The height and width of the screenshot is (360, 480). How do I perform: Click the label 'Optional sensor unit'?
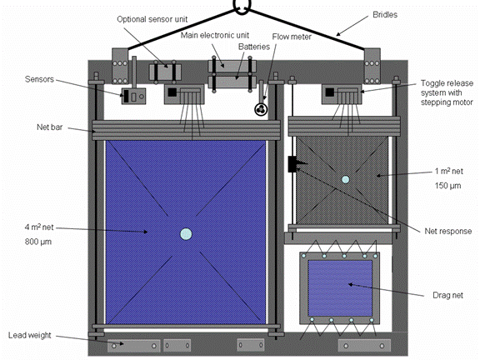pos(152,19)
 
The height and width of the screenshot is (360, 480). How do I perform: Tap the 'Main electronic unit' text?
pos(215,35)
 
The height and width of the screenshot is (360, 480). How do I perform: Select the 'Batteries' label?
pos(254,47)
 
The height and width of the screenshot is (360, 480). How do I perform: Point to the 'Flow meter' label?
pos(292,37)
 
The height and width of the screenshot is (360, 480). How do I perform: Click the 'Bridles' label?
pos(385,15)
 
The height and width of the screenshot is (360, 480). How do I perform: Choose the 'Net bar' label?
pos(50,127)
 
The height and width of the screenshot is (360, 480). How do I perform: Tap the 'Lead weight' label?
pos(30,335)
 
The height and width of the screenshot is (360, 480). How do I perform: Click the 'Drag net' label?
pos(447,295)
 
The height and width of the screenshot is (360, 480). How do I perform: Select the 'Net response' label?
pos(448,231)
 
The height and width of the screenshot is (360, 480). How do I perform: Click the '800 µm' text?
pos(38,242)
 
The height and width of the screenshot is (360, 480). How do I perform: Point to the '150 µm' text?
pos(447,186)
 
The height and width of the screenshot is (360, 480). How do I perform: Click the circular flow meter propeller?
pos(261,109)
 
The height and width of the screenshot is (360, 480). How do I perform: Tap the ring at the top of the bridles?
pos(242,7)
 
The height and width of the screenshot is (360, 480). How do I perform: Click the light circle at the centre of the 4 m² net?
pos(186,234)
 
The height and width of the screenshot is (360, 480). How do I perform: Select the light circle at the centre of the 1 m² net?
pos(345,179)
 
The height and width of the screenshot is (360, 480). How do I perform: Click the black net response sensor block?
pos(293,164)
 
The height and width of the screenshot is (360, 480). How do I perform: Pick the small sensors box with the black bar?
pos(133,96)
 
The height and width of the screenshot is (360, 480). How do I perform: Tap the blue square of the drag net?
pos(340,288)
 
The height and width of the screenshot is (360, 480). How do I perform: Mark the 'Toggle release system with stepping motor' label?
pos(447,92)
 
